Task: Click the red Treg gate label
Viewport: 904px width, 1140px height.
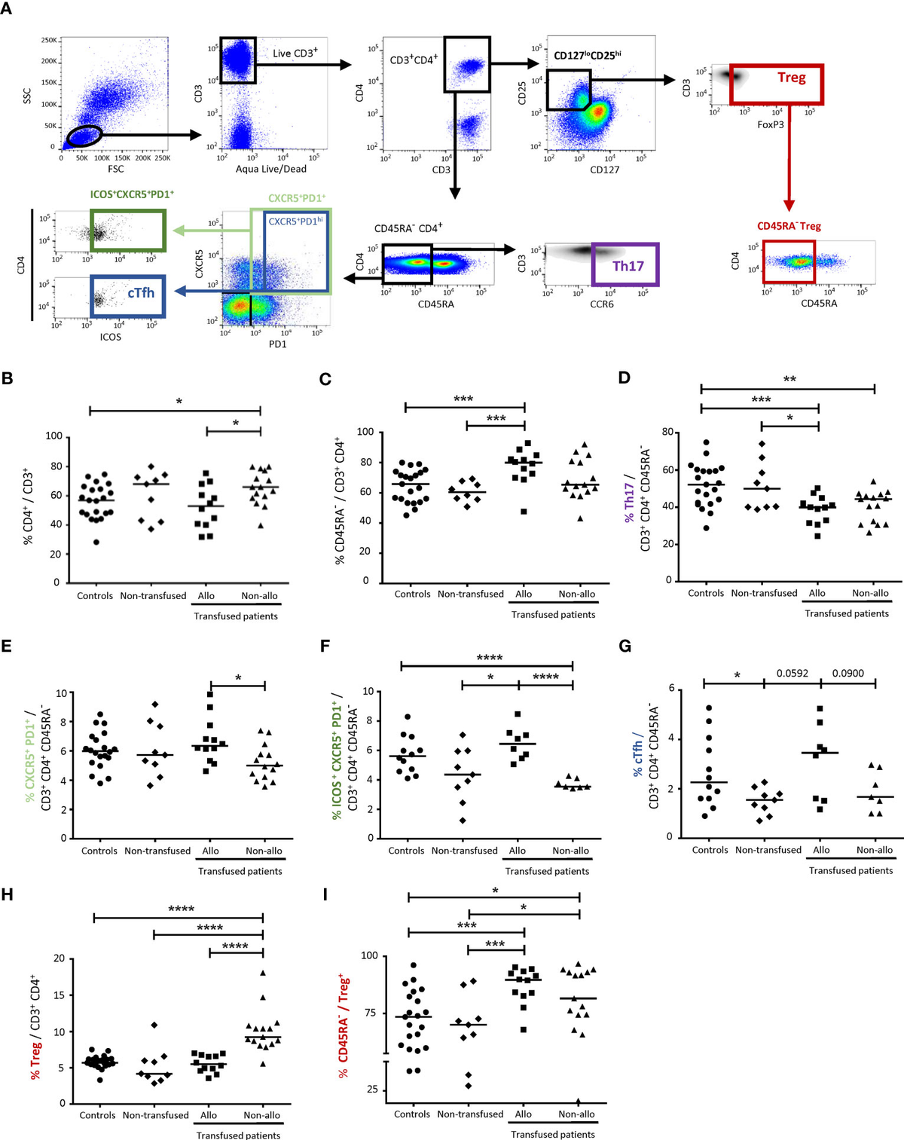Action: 791,78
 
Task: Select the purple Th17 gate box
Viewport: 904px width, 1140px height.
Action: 625,264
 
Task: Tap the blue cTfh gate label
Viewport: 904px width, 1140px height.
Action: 140,292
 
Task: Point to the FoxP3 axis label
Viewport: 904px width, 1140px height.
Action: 771,124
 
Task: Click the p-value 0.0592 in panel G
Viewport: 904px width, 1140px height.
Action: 792,673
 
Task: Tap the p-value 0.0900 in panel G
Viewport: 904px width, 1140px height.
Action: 847,673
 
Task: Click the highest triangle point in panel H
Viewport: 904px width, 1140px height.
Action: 263,973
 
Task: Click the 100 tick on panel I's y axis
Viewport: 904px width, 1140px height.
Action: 369,955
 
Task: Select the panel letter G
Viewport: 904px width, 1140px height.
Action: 624,646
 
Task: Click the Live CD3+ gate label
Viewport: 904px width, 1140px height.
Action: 295,53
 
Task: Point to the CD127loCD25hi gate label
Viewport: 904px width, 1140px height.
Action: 588,55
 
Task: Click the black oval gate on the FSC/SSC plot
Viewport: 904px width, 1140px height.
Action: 84,136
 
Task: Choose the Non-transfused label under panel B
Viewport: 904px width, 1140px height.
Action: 153,596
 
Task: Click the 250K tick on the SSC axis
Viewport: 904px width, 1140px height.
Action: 48,40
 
